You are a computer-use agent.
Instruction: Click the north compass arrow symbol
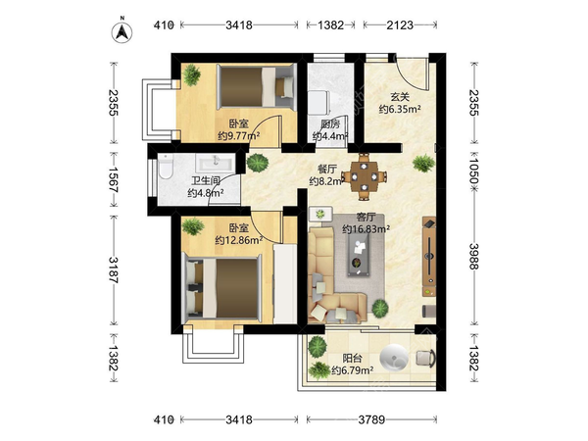[122, 31]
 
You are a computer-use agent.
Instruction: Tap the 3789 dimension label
[371, 419]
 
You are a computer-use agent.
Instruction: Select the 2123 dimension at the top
[400, 25]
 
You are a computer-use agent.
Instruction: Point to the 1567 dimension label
[114, 179]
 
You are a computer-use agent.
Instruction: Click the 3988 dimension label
[474, 256]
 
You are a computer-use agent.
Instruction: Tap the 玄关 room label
[400, 97]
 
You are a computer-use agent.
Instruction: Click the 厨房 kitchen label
[330, 123]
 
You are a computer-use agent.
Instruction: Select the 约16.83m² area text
[366, 228]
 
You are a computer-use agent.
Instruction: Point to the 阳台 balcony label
[352, 358]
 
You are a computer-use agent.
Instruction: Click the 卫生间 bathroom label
[206, 180]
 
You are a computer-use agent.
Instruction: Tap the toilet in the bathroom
[165, 168]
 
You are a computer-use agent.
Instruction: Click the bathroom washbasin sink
[216, 163]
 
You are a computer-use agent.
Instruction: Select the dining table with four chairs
[365, 176]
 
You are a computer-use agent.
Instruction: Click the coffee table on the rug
[359, 255]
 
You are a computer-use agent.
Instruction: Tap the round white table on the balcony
[394, 357]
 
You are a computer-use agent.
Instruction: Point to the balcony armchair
[425, 358]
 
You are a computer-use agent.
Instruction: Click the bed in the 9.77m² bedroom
[257, 86]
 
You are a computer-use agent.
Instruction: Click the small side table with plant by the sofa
[320, 214]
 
